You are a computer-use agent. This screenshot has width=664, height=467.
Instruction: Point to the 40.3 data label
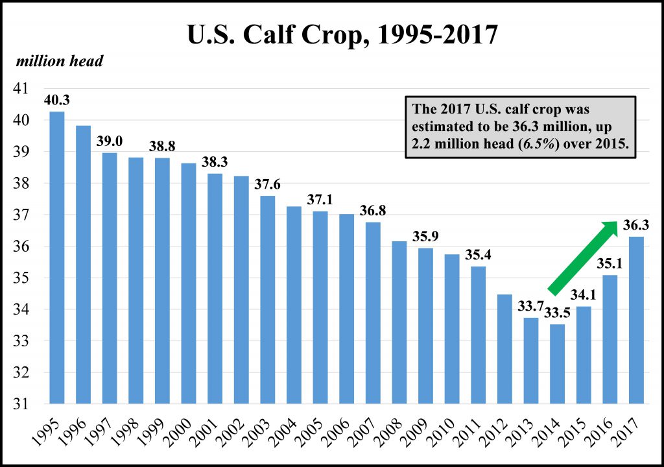[57, 100]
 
